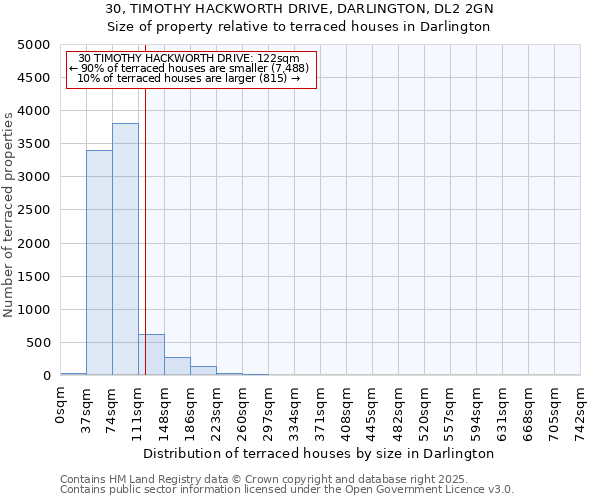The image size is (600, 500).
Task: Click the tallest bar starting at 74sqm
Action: point(125,250)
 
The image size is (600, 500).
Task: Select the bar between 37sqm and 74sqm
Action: point(99,263)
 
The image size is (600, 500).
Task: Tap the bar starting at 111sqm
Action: point(152,355)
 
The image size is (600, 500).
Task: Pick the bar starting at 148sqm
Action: point(177,366)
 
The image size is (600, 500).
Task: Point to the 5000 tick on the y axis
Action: point(35,45)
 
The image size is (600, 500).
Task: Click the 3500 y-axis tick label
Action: point(35,144)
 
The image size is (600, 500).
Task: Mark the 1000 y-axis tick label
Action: point(35,310)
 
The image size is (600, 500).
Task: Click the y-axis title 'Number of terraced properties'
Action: point(9,214)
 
